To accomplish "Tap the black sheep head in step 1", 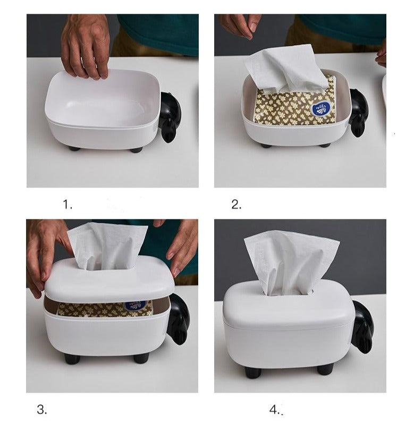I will point(170,116).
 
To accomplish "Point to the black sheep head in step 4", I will point(362,325).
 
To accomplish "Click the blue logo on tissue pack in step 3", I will point(136,306).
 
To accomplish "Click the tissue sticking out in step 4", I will point(289,260).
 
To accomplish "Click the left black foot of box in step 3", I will point(72,359).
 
